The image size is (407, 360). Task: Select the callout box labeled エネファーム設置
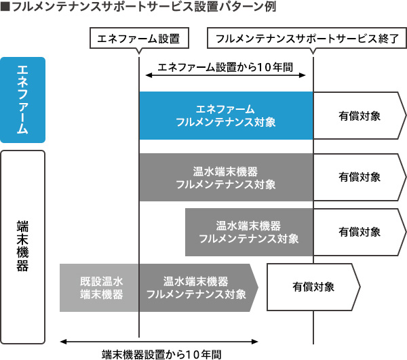[x=138, y=38]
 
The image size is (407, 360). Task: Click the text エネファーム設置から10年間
[x=225, y=68]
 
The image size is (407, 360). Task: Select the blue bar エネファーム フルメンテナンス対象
[x=225, y=115]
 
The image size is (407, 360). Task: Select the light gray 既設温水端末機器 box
[x=100, y=287]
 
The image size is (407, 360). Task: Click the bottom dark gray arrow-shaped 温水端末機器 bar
[x=197, y=287]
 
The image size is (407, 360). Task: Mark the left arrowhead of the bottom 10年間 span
[x=63, y=340]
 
